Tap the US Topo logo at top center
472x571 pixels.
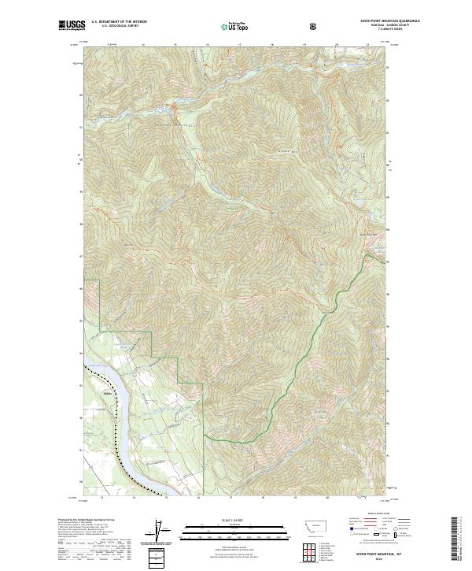[234, 26]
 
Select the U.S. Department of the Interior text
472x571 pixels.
[119, 22]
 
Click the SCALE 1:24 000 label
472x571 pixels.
[235, 519]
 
